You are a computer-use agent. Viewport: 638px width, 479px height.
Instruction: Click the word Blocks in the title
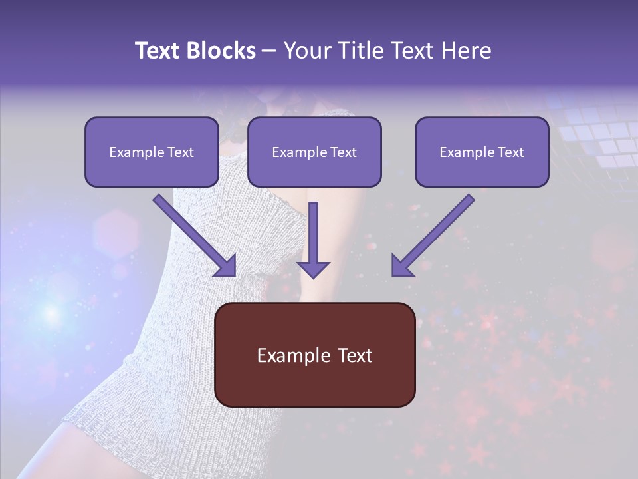223,51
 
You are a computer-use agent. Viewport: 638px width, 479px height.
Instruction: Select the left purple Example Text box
152,152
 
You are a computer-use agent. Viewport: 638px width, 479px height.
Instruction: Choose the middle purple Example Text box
314,152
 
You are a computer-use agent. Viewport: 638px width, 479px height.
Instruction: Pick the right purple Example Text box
482,152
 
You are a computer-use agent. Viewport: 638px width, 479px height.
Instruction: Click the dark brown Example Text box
315,355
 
